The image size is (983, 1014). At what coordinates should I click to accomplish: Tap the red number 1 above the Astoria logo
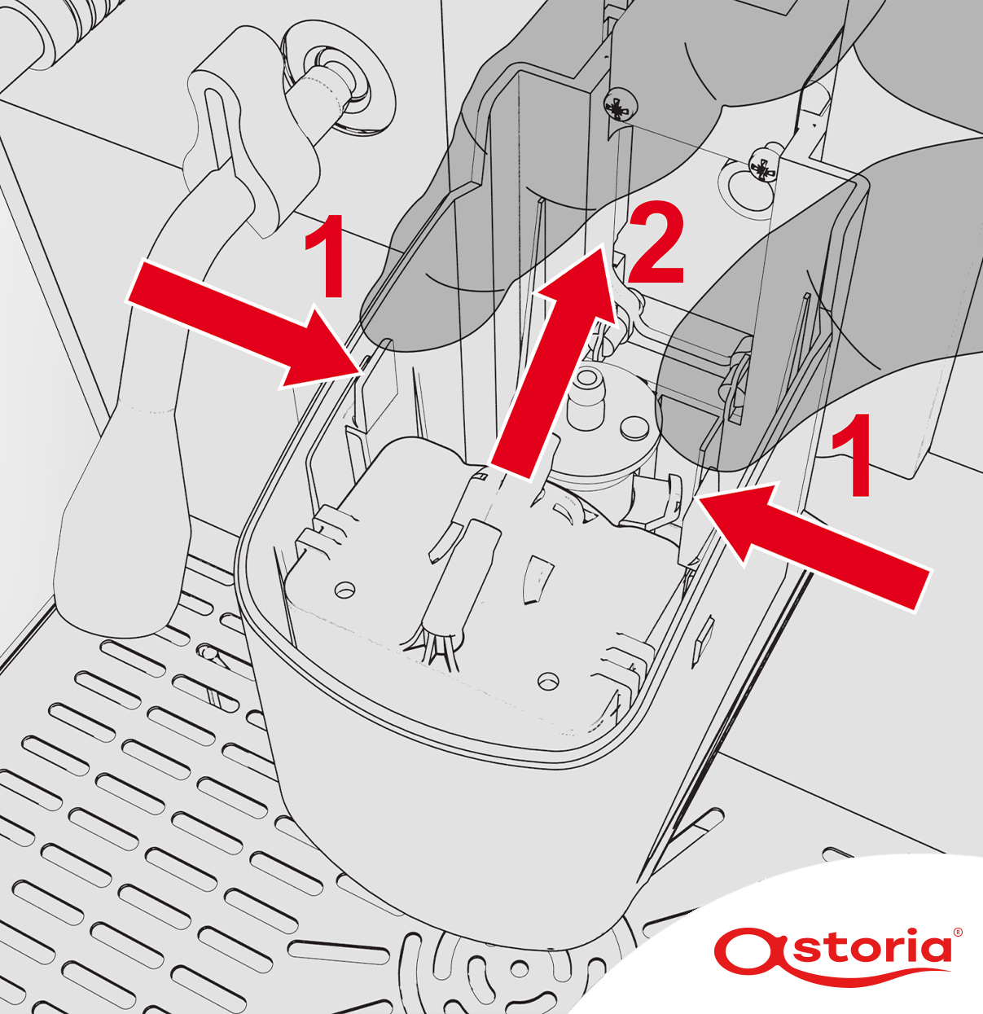(851, 454)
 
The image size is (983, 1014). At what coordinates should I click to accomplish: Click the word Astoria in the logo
(837, 948)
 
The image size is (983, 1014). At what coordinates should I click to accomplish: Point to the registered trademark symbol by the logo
(958, 933)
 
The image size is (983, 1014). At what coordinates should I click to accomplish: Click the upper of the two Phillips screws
(620, 108)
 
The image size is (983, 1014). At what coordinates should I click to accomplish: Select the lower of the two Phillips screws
(761, 167)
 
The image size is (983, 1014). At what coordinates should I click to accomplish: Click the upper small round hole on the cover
(344, 590)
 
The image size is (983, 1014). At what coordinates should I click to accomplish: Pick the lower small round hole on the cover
(547, 680)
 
